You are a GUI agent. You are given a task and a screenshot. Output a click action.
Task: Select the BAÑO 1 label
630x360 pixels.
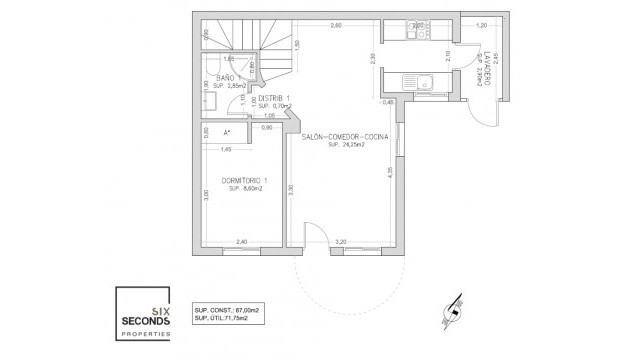(225, 76)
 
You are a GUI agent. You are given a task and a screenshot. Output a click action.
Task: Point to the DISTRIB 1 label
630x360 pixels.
(273, 98)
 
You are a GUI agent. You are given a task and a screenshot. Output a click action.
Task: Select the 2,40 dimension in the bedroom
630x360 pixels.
(241, 240)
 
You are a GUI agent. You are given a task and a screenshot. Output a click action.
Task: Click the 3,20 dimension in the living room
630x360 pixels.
(340, 240)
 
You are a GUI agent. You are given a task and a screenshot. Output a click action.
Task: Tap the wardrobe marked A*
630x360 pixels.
(227, 132)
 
